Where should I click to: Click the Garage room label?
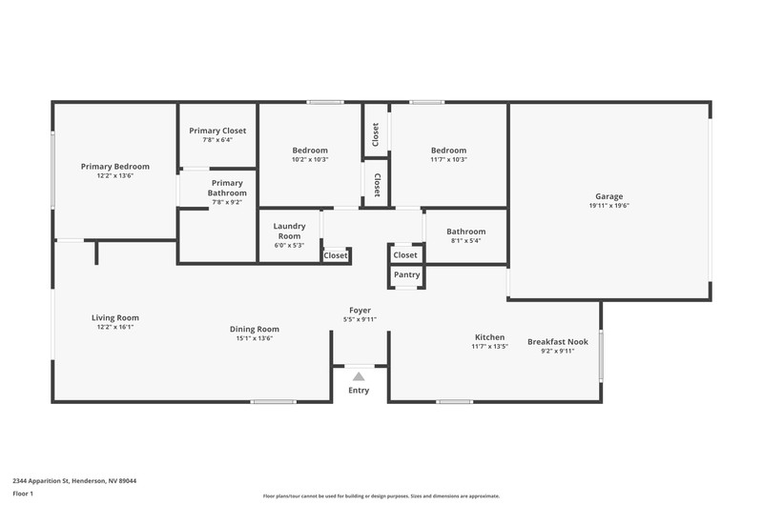608,196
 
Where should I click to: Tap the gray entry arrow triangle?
359,376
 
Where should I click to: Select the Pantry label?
407,274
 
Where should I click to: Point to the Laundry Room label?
289,231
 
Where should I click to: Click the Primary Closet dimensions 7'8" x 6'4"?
217,140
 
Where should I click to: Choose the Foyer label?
360,310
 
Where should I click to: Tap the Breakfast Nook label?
558,342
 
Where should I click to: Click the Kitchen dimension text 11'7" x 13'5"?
489,347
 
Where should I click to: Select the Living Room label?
115,318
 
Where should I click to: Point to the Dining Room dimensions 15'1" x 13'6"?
255,338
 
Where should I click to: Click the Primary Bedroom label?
115,166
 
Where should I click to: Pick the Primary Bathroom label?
227,188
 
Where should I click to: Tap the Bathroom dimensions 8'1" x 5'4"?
465,241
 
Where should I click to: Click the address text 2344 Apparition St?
41,481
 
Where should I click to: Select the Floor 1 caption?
23,494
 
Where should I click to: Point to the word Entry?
359,391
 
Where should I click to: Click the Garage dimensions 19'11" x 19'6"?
608,206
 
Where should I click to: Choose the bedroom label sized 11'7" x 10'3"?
448,151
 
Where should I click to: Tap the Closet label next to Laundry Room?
336,255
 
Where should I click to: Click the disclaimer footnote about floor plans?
381,496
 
